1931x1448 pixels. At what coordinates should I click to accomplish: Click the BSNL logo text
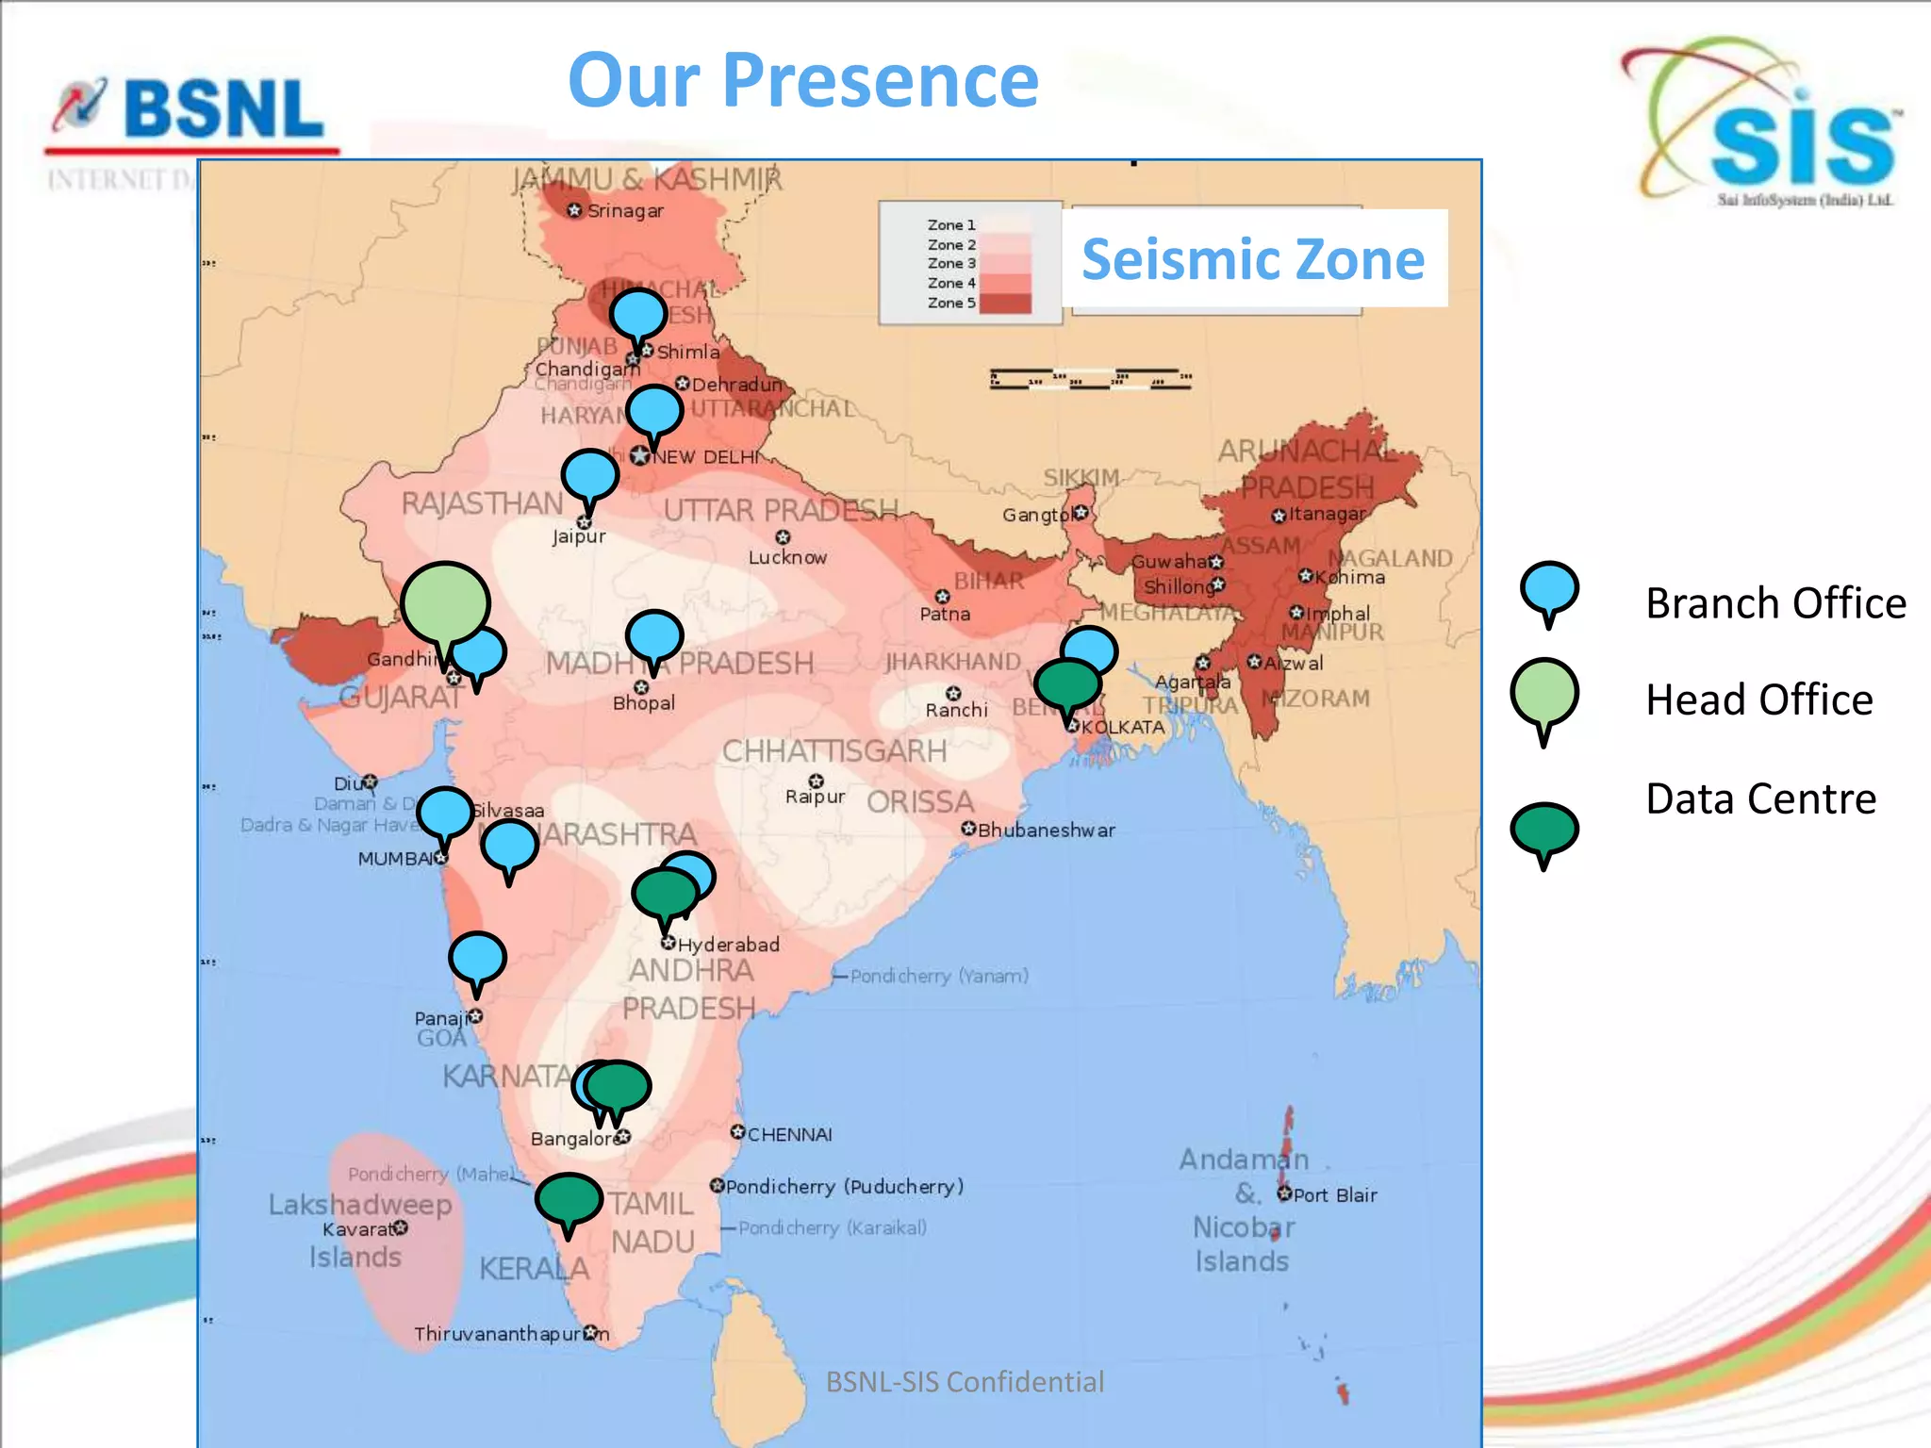223,109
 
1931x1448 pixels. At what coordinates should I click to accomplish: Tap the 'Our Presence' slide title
803,81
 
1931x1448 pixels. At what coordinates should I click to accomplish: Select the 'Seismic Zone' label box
1254,259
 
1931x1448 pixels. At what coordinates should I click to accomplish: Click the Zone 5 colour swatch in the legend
1005,304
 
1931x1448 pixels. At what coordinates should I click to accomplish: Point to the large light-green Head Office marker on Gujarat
445,603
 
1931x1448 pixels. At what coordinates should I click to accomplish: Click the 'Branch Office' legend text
1775,603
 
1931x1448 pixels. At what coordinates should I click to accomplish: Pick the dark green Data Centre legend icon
1543,830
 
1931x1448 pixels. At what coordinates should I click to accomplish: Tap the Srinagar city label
625,211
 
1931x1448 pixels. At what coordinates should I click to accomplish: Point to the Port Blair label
1334,1195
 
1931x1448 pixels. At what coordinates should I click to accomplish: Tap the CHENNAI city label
789,1134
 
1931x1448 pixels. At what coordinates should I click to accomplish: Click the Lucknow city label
787,557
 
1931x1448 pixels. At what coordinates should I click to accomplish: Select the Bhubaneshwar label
1046,831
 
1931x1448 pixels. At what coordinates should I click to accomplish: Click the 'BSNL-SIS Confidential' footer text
965,1382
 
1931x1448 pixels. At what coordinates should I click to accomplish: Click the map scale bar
1090,379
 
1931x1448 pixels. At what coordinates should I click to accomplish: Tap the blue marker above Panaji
477,959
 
